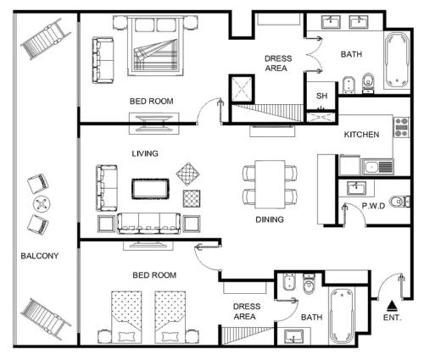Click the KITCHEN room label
[x=361, y=135]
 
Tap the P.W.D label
[x=373, y=206]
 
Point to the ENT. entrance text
[x=392, y=318]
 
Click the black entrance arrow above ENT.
[x=392, y=305]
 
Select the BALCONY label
[x=40, y=256]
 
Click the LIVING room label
[x=145, y=153]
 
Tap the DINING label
[x=270, y=219]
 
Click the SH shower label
[x=321, y=96]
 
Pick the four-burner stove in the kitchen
[x=401, y=127]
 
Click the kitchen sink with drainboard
[x=377, y=167]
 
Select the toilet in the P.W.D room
[x=399, y=202]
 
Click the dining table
[x=270, y=185]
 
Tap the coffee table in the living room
[x=150, y=189]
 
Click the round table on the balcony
[x=42, y=204]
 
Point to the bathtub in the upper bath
[x=397, y=60]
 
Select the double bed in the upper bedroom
[x=155, y=46]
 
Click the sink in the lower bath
[x=294, y=336]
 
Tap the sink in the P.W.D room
[x=357, y=188]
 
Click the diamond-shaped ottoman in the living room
[x=188, y=174]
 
